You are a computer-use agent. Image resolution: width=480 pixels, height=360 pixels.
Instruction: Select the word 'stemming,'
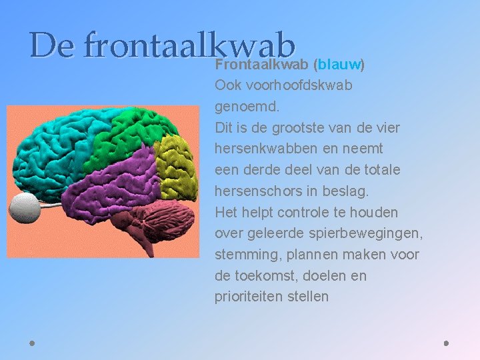[x=243, y=255]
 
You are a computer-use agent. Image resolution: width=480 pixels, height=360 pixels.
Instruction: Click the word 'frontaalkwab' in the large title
[x=190, y=45]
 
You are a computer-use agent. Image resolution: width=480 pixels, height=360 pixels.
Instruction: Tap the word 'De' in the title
[x=52, y=45]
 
